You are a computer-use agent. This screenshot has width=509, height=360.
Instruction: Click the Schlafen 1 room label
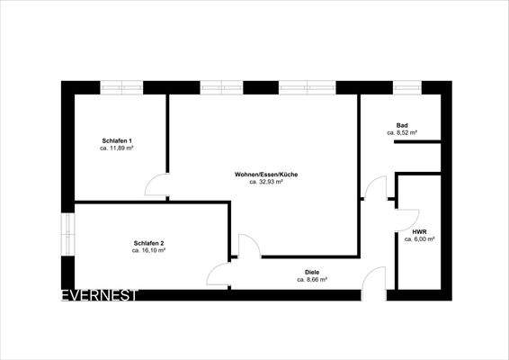coord(117,139)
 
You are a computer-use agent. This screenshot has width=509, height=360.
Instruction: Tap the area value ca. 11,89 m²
coord(117,148)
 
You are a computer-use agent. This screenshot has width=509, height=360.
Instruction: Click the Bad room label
coord(402,124)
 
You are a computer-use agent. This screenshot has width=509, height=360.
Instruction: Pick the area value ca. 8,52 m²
coord(402,132)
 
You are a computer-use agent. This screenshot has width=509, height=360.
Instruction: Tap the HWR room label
coord(419,231)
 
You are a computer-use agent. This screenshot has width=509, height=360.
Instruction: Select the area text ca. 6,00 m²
coord(419,239)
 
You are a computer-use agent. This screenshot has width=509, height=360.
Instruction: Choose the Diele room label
coord(312,272)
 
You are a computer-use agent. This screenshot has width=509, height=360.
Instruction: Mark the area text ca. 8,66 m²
coord(312,280)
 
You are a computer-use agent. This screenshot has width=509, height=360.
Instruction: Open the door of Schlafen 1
coord(156,184)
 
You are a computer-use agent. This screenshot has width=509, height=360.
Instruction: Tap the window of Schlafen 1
coord(121,88)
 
